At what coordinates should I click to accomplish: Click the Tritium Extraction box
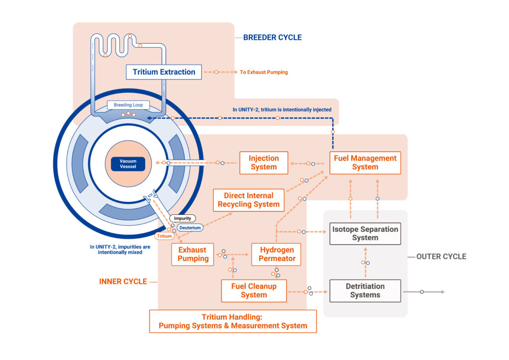click(x=164, y=72)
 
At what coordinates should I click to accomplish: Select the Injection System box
click(x=263, y=163)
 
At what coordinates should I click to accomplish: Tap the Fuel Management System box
click(x=365, y=163)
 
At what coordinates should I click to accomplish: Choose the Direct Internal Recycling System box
click(x=249, y=200)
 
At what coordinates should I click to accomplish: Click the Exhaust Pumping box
click(x=193, y=254)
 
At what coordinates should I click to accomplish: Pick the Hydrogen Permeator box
click(x=277, y=254)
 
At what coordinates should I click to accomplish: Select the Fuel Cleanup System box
click(x=254, y=290)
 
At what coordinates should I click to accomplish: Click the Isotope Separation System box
click(x=365, y=234)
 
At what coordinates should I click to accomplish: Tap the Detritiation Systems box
click(x=365, y=290)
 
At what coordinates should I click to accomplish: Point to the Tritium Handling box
click(x=233, y=321)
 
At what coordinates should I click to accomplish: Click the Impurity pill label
click(x=182, y=218)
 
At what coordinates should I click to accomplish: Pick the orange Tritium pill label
click(x=164, y=236)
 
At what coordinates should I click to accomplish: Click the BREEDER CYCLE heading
click(x=272, y=37)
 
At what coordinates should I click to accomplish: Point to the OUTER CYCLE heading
click(x=441, y=257)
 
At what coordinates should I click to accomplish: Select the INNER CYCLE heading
click(x=123, y=281)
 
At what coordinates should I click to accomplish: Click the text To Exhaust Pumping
click(x=263, y=72)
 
